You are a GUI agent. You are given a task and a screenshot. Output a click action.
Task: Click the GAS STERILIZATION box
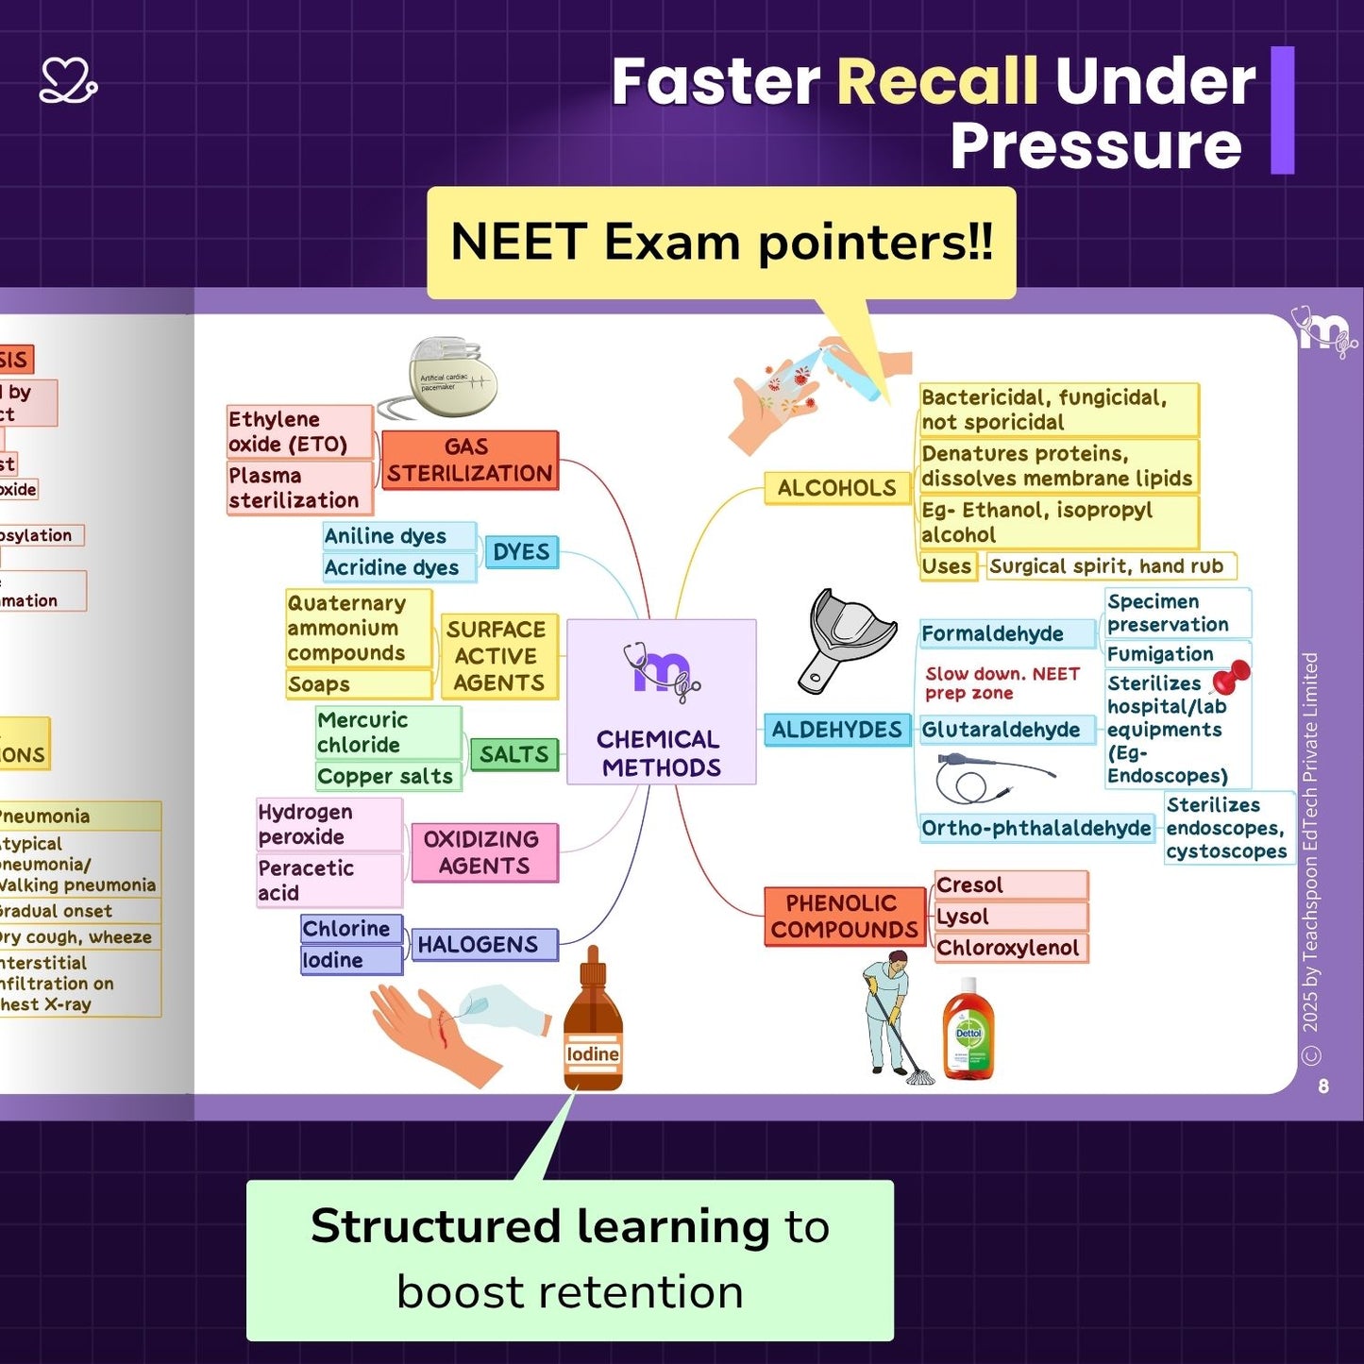pos(469,460)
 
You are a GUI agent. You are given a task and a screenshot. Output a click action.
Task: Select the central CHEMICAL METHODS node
pos(661,701)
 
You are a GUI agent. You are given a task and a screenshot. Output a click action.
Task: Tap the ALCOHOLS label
pos(836,488)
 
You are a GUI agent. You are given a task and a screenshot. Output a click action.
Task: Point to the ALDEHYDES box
pos(836,730)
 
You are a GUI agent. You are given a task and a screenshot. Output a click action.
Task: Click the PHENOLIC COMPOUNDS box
pos(843,916)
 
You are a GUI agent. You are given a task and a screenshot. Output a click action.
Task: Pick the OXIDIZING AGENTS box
pos(483,852)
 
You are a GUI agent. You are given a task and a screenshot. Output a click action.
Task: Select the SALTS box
pos(514,754)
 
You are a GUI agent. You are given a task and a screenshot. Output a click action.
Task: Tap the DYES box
pos(521,552)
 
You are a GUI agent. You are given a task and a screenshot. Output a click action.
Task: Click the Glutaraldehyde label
pos(1002,730)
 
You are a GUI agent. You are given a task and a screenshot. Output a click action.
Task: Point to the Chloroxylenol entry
pos(1008,948)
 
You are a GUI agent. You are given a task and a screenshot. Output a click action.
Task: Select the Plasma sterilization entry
pos(295,487)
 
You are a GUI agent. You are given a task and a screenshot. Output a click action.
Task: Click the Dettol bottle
pos(968,1031)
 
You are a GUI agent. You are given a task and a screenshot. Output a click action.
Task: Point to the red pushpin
pos(1232,676)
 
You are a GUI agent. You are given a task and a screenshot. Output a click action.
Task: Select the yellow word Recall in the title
pos(937,81)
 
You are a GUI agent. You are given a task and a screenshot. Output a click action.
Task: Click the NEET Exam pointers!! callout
pos(721,243)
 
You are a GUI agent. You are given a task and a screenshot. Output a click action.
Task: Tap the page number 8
pos(1323,1086)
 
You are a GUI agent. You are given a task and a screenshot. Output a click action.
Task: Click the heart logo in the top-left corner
pos(68,81)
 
